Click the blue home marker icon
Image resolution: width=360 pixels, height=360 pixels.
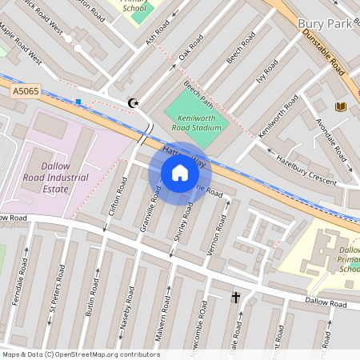(x=180, y=173)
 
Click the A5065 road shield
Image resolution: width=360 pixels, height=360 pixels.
(x=26, y=94)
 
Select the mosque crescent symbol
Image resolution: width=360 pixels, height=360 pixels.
(x=134, y=102)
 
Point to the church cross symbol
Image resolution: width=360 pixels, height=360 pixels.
(x=236, y=298)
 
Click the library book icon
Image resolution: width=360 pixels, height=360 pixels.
(x=341, y=106)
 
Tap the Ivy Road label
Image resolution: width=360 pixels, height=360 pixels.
(x=267, y=75)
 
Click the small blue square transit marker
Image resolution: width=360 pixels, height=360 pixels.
(x=78, y=102)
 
